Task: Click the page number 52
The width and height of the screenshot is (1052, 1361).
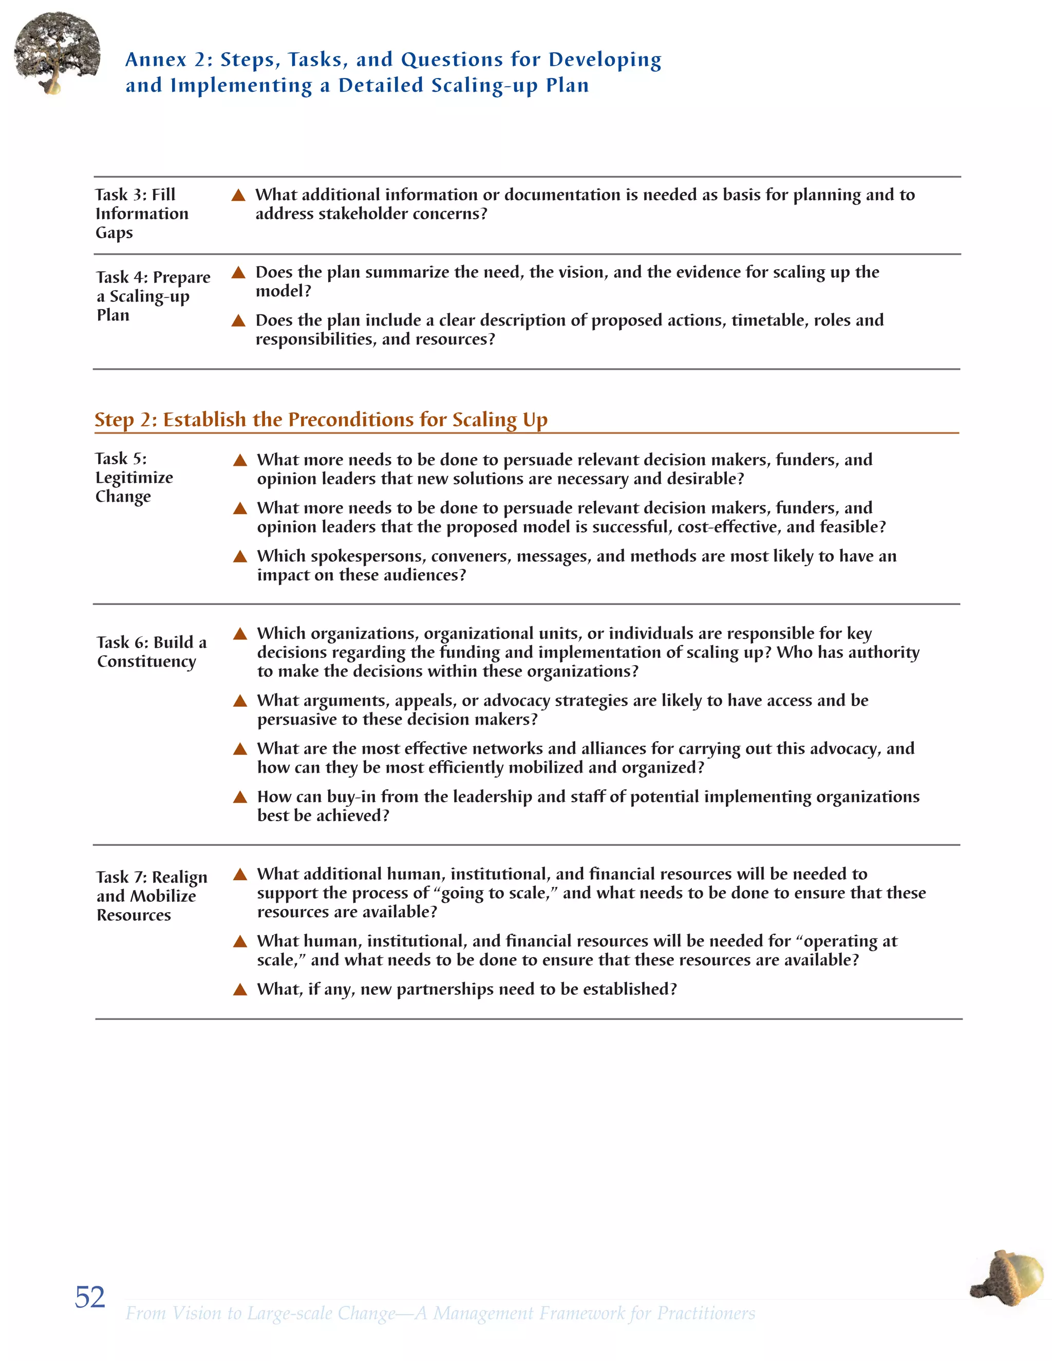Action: click(90, 1297)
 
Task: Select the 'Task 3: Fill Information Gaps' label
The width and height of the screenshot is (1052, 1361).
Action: click(141, 213)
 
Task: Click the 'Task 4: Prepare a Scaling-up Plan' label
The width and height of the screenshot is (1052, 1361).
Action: click(153, 296)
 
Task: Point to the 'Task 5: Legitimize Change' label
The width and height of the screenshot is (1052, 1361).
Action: click(134, 477)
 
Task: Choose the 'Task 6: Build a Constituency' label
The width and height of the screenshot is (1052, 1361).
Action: click(151, 651)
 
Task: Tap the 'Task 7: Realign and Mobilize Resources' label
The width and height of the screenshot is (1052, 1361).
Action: click(151, 896)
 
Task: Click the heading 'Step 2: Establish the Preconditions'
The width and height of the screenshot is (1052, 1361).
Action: click(321, 420)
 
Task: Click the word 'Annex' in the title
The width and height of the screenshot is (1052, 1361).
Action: click(156, 60)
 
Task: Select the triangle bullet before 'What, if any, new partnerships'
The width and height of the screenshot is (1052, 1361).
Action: click(240, 990)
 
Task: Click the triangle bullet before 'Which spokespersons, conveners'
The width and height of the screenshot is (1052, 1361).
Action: click(240, 557)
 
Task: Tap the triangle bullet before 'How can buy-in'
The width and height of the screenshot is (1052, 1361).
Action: click(240, 797)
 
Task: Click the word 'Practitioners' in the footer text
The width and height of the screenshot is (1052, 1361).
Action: click(705, 1313)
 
